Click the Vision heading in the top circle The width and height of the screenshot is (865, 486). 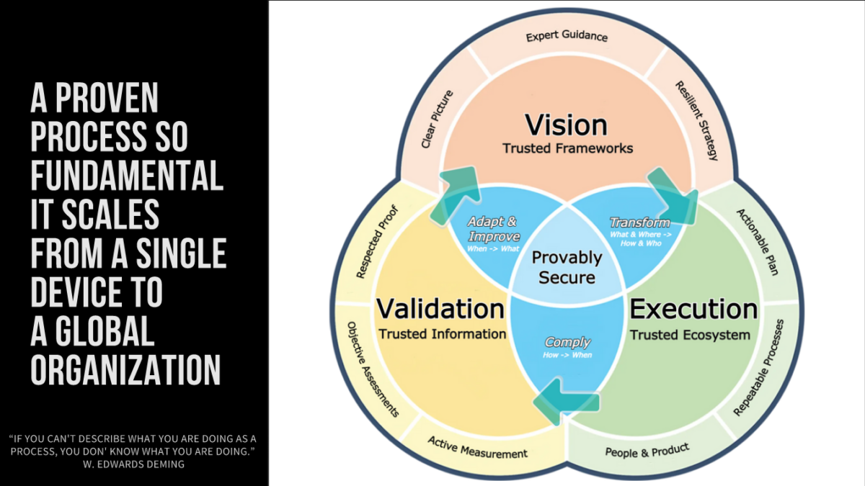[x=567, y=125]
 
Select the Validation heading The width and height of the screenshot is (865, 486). [x=440, y=309]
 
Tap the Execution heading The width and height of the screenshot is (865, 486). [x=693, y=309]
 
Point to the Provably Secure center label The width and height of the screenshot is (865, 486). [x=567, y=267]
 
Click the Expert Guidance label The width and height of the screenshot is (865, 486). [x=567, y=36]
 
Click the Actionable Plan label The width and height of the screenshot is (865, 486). [x=757, y=242]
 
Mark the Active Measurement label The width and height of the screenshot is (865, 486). [x=477, y=447]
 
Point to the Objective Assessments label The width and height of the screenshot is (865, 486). [x=373, y=369]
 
